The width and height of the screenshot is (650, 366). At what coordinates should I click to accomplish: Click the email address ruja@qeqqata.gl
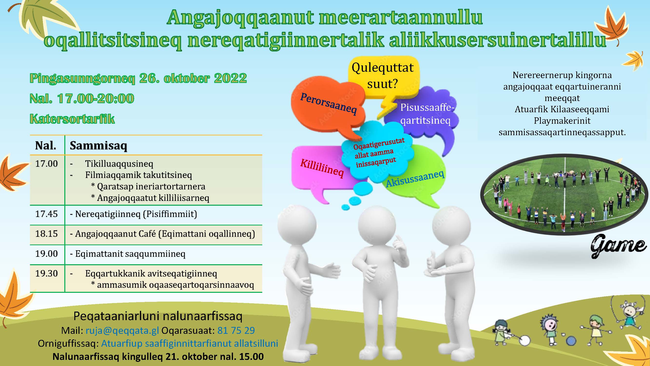click(x=122, y=330)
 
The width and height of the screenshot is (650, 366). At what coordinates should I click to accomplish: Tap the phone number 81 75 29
click(x=236, y=330)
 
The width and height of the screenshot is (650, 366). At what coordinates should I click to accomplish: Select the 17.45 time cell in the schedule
click(x=46, y=214)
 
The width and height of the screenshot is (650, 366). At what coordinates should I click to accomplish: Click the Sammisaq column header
click(x=98, y=145)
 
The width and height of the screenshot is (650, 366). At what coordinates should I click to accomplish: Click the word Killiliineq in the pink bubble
click(x=322, y=168)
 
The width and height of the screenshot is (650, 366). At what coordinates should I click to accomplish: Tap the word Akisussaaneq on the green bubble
click(x=415, y=179)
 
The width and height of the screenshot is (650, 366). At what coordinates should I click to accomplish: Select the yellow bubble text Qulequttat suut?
click(x=383, y=75)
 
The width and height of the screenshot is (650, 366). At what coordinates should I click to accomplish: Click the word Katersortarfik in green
click(x=72, y=119)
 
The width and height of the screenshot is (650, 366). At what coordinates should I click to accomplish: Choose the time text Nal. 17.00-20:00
click(x=82, y=98)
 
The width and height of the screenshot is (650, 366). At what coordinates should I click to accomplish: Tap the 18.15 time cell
click(x=46, y=234)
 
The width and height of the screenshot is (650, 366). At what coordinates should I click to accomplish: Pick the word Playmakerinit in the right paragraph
click(x=562, y=121)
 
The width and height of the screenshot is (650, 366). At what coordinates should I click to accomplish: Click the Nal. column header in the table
click(x=46, y=145)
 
